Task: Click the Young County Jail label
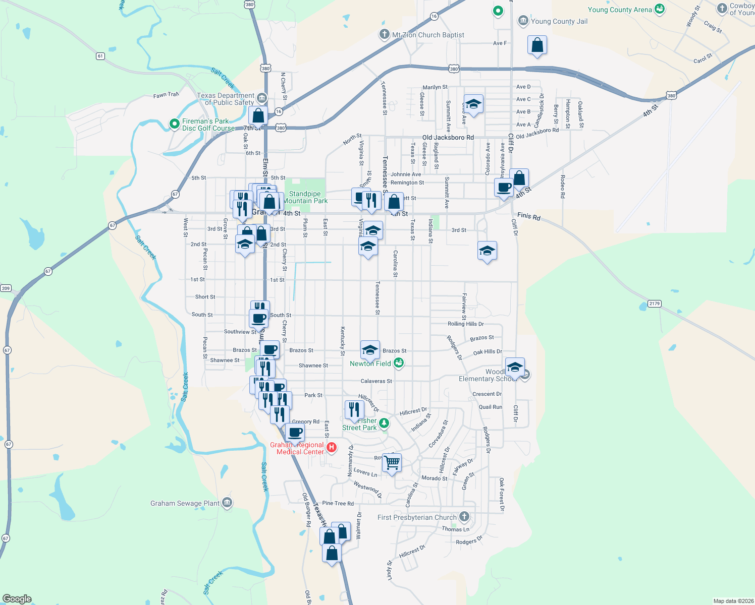(x=559, y=21)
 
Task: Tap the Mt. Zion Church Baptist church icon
(x=385, y=35)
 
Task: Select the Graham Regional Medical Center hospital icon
(x=332, y=447)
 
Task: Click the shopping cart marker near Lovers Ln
(x=392, y=462)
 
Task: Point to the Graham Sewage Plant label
(x=185, y=503)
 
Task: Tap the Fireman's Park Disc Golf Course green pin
(x=174, y=124)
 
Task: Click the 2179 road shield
(x=654, y=304)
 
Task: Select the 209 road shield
(x=6, y=288)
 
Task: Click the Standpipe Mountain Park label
(x=305, y=197)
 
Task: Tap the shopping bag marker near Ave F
(x=537, y=45)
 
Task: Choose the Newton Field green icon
(x=399, y=363)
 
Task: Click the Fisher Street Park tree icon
(x=385, y=423)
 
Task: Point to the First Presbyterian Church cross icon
(x=464, y=517)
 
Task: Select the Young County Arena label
(x=620, y=10)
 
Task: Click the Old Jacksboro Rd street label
(x=448, y=137)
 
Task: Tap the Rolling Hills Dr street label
(x=465, y=324)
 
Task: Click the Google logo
(x=17, y=599)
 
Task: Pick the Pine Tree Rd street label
(x=338, y=503)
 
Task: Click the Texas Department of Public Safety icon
(x=261, y=97)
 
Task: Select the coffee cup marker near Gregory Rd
(x=295, y=432)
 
